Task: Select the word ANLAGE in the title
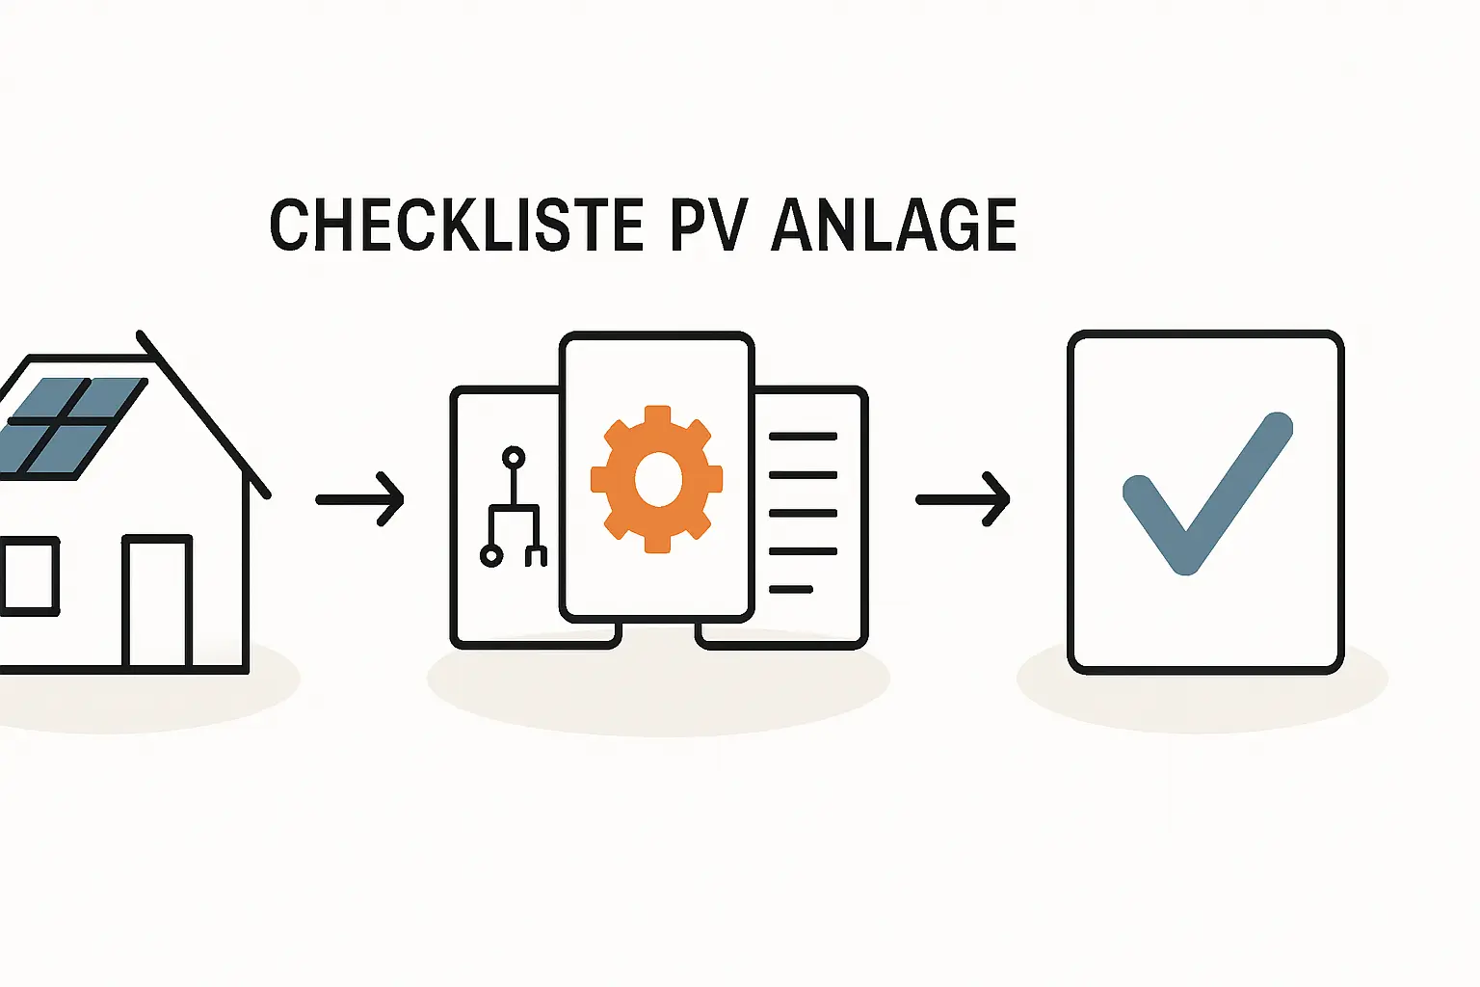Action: pyautogui.click(x=894, y=225)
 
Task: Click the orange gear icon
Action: pyautogui.click(x=657, y=479)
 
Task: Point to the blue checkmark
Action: pyautogui.click(x=1206, y=493)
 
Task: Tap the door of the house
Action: pyautogui.click(x=157, y=601)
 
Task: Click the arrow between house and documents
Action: pyautogui.click(x=360, y=499)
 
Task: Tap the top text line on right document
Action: pyautogui.click(x=803, y=437)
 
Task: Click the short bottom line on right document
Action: pyautogui.click(x=791, y=589)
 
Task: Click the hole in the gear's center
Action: pyautogui.click(x=658, y=479)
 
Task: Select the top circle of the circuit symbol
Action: pyautogui.click(x=514, y=457)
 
